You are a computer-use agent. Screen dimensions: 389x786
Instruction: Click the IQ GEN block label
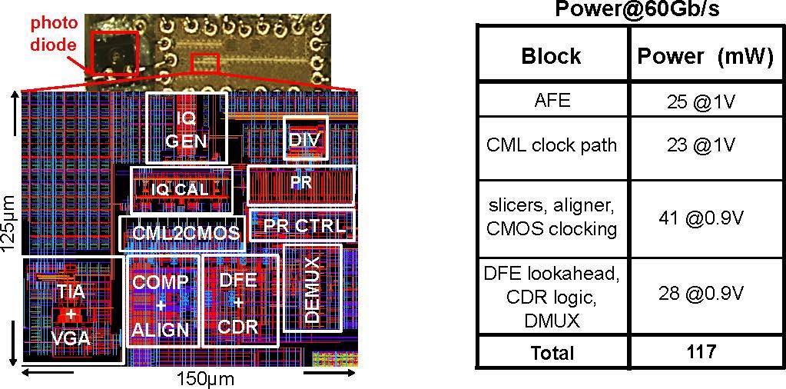click(x=187, y=128)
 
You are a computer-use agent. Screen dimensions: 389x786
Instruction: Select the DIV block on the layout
click(x=305, y=139)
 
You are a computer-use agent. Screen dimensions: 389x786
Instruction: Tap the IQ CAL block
click(x=181, y=189)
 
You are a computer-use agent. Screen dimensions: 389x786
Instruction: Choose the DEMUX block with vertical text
click(x=312, y=288)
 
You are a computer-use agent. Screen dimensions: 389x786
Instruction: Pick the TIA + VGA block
click(x=72, y=315)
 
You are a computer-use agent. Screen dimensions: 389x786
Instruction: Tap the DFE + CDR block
click(x=238, y=304)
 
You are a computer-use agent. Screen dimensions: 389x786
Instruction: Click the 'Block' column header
click(x=551, y=55)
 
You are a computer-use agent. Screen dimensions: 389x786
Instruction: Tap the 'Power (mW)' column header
click(x=705, y=55)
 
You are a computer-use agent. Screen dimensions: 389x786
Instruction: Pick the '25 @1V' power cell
click(x=705, y=100)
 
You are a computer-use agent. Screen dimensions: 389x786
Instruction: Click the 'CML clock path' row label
click(x=552, y=145)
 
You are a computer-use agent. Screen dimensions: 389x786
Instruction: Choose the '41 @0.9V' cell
click(x=705, y=218)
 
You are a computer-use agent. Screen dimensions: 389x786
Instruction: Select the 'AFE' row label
click(x=552, y=100)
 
